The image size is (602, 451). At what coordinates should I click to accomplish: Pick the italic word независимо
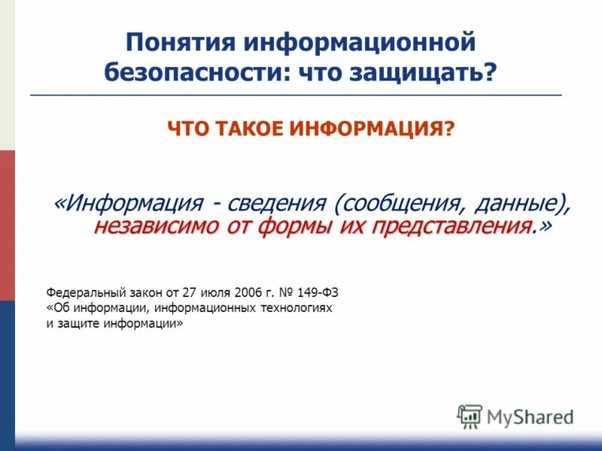pyautogui.click(x=147, y=226)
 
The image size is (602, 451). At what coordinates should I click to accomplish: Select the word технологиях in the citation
pyautogui.click(x=293, y=308)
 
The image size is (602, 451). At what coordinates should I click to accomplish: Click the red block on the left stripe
pyautogui.click(x=7, y=225)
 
